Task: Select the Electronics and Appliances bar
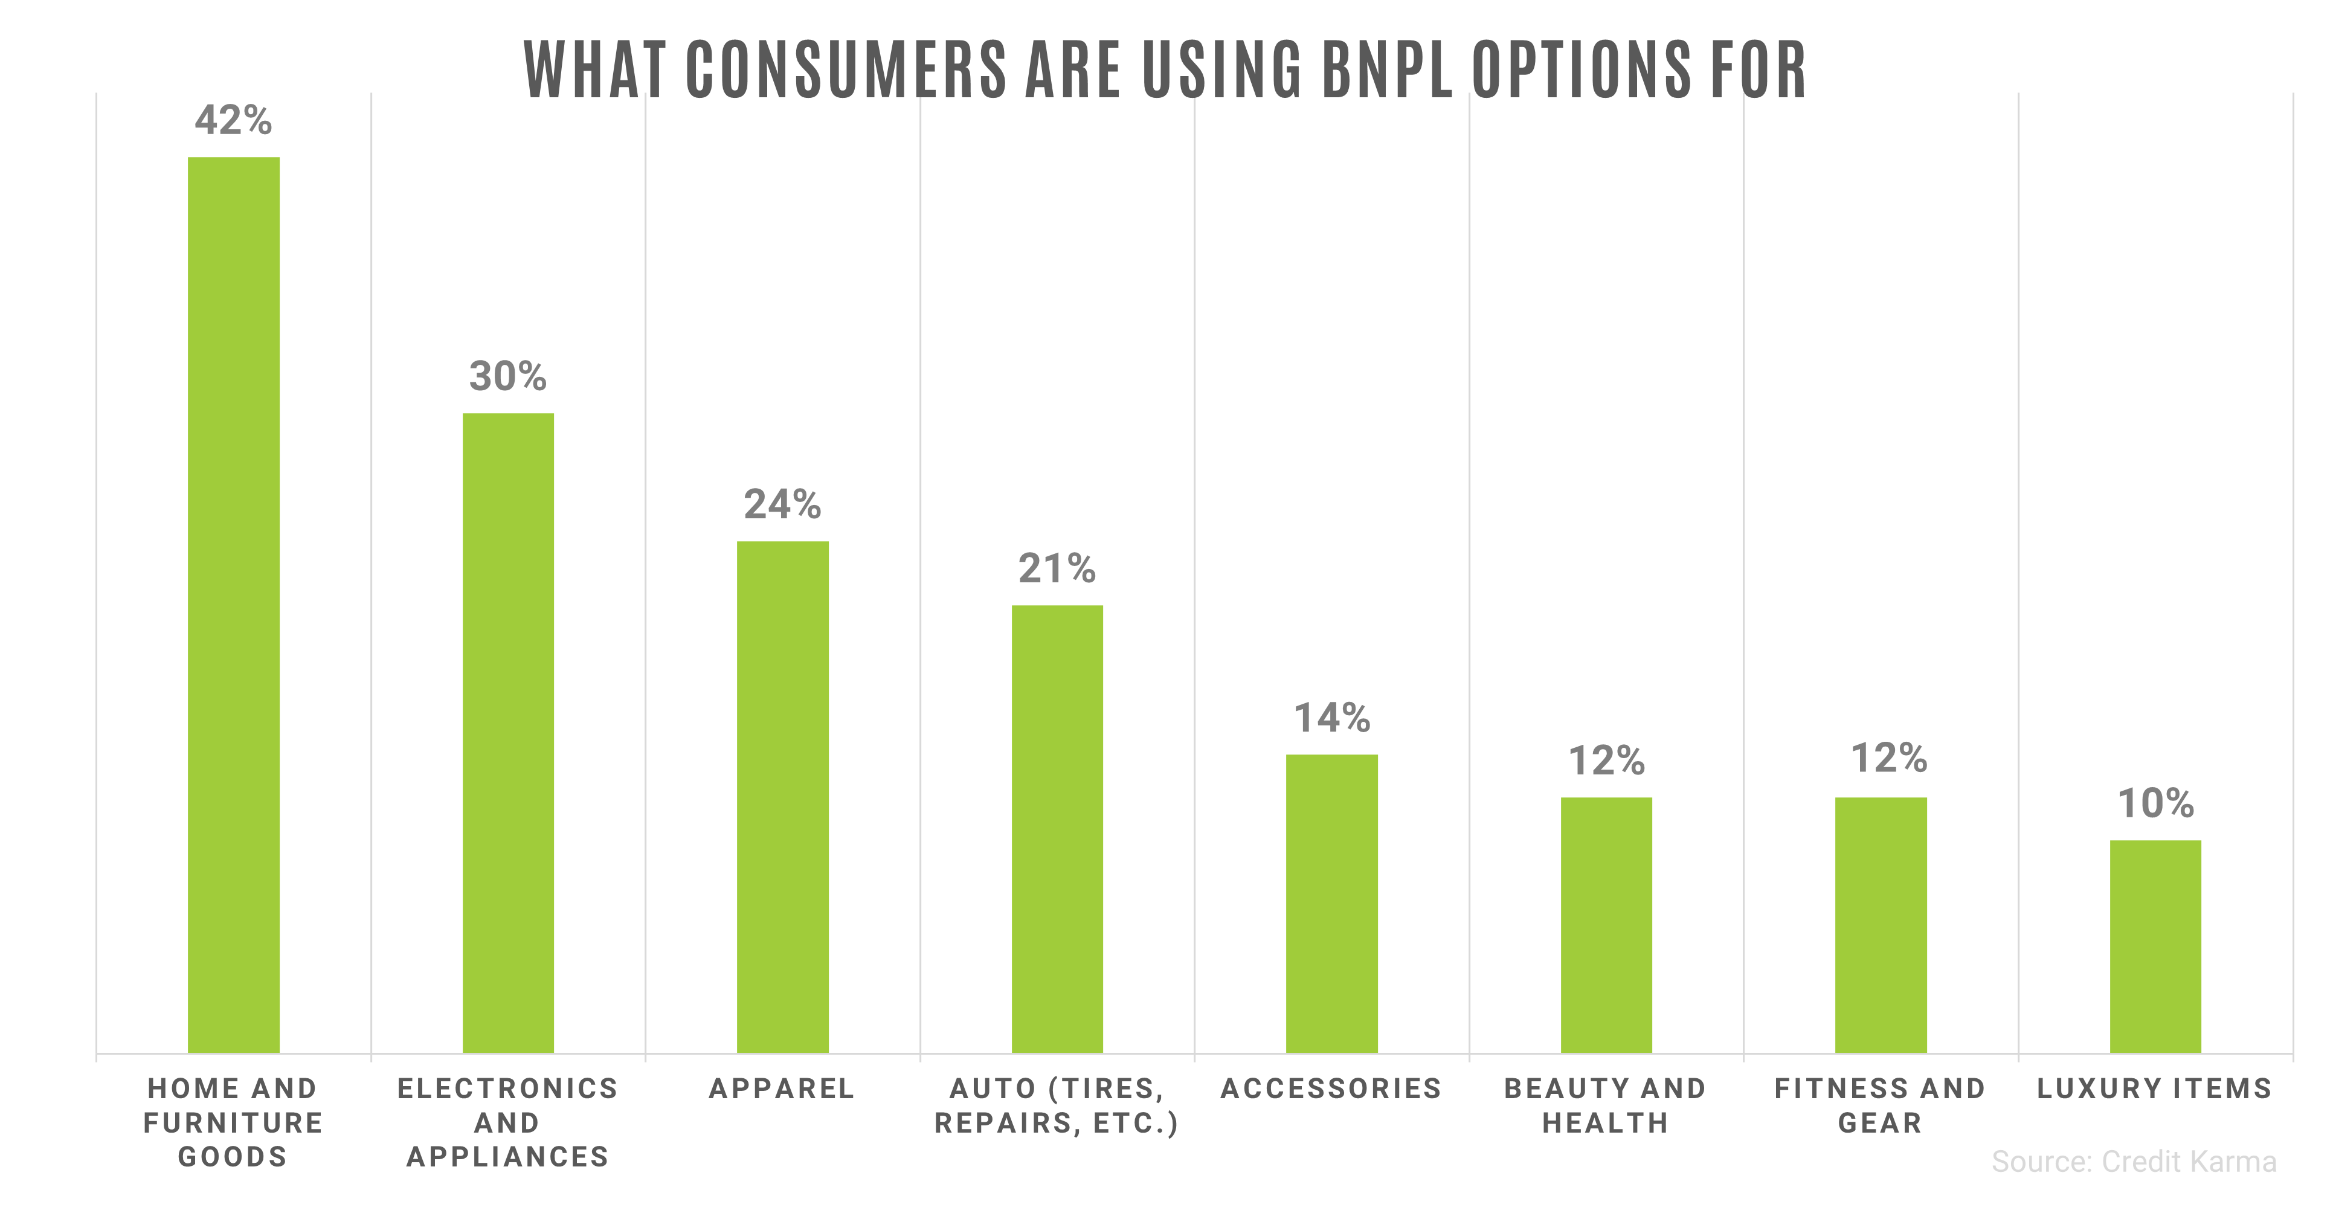point(508,733)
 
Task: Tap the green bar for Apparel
point(782,797)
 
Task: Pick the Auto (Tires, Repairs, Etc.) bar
point(1057,829)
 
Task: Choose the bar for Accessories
point(1331,903)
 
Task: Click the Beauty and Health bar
point(1606,925)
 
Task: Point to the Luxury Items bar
point(2155,947)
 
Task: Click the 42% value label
point(234,120)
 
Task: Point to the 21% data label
point(1057,569)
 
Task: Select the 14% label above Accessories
point(1331,718)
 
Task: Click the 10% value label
point(2155,803)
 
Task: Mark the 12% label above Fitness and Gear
point(1889,758)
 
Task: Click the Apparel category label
point(782,1088)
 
